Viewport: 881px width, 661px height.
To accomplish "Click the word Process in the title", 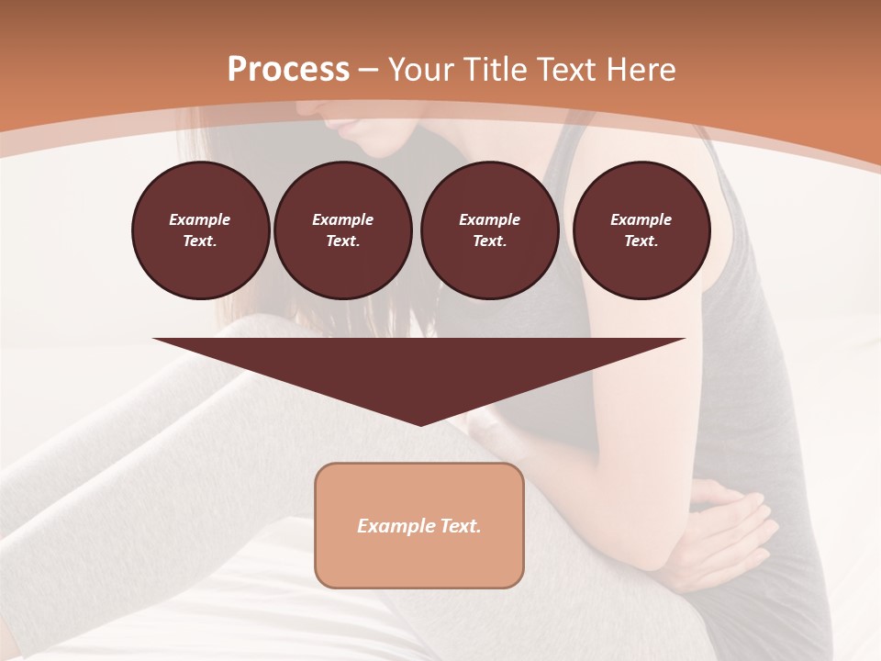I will [288, 70].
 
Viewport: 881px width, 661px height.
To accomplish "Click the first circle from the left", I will [200, 230].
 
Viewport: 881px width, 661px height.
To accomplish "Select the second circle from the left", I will [343, 230].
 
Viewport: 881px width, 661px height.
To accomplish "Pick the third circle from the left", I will [490, 230].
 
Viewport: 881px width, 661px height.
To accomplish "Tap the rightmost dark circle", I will [641, 230].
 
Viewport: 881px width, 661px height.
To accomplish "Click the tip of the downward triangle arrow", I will [420, 423].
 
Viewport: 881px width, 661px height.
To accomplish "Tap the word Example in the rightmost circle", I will [641, 219].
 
